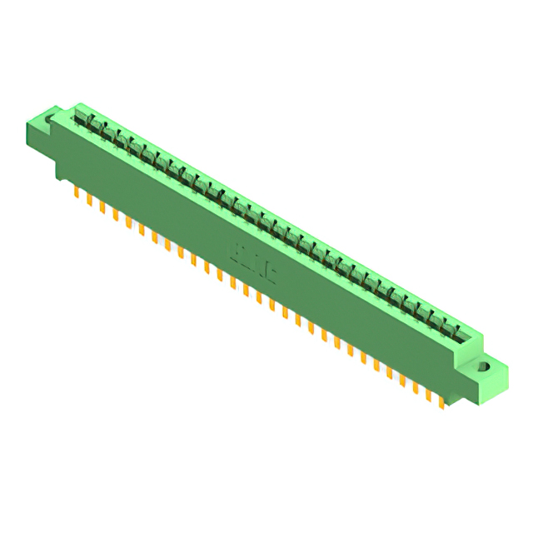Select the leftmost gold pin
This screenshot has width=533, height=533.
pos(76,195)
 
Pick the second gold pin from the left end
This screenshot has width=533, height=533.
pos(89,201)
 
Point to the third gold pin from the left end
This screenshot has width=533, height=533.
pos(102,207)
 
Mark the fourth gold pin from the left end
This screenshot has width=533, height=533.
pos(115,215)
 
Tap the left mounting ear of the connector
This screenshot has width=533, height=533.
pos(43,133)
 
